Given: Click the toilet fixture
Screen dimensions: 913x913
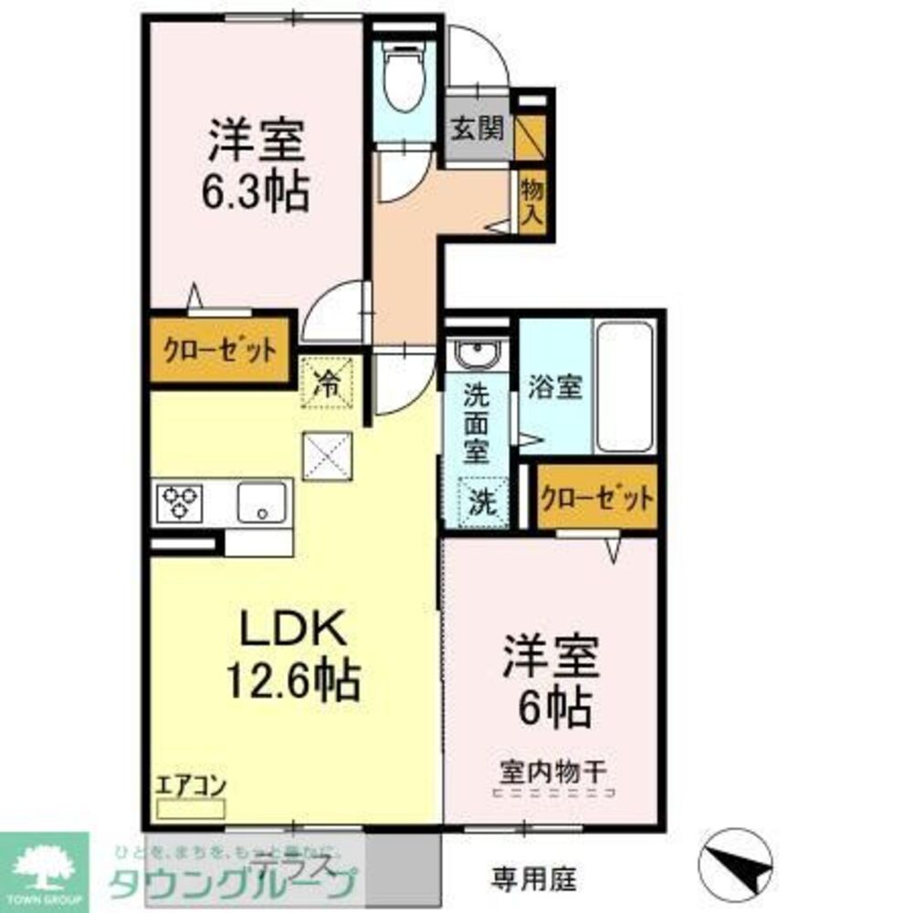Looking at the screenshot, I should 403,79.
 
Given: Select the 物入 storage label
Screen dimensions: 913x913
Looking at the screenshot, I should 532,202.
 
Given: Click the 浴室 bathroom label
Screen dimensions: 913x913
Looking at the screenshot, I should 554,386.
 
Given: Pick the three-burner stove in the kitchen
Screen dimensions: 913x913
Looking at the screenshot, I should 180,501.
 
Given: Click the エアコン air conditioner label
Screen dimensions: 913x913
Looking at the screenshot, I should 191,785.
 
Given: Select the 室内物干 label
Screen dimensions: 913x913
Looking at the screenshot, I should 551,771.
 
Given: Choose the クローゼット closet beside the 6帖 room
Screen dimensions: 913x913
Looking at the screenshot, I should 597,498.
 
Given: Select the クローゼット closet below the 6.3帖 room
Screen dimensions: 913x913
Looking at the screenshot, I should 220,351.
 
